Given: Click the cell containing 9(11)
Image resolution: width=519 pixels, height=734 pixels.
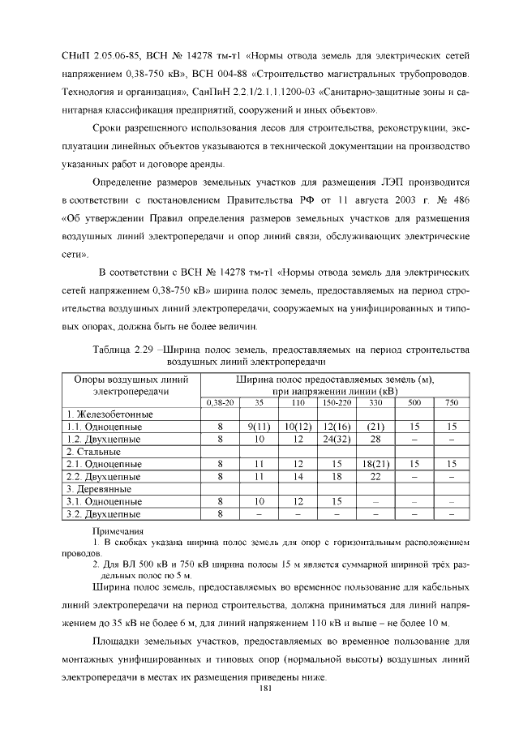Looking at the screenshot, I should (x=258, y=426).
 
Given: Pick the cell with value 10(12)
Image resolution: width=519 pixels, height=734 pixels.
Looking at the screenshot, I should (x=298, y=426).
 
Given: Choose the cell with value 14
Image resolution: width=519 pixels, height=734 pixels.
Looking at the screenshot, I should (x=298, y=476).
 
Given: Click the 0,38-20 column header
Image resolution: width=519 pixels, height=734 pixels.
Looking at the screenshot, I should (x=220, y=402).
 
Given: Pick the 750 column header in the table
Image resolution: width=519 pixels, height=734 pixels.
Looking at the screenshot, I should (x=452, y=402).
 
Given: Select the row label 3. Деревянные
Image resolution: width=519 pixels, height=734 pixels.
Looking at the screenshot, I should (x=100, y=488).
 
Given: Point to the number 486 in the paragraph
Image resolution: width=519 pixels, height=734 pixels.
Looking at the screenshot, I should (x=460, y=199).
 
